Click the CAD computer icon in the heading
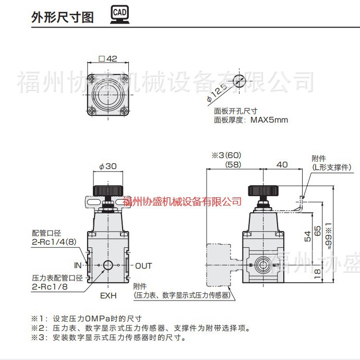(x=119, y=16)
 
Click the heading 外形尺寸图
(x=63, y=17)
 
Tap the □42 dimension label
(x=107, y=59)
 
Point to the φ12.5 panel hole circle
(x=239, y=81)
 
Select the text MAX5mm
(x=269, y=120)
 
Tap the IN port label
(x=77, y=266)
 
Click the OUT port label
(x=143, y=266)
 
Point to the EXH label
(x=108, y=295)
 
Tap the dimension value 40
(x=282, y=164)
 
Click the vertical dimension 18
(x=317, y=272)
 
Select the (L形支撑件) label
(x=331, y=167)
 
